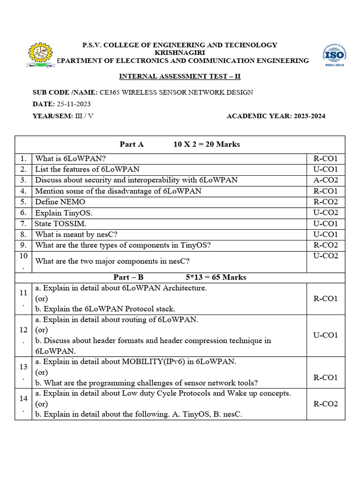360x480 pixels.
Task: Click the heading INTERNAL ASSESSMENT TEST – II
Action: point(180,76)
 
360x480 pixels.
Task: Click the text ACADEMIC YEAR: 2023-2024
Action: point(276,116)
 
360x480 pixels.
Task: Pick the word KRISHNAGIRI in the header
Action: point(180,53)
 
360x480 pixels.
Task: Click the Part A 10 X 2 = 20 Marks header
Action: point(180,144)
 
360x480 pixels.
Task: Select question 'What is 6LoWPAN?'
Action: point(70,158)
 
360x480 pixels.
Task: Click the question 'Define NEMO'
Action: point(58,202)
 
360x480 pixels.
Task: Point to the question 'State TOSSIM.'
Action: point(60,224)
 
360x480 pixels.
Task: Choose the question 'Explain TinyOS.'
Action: point(61,213)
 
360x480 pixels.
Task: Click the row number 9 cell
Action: point(23,245)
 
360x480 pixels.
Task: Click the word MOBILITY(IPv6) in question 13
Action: point(147,362)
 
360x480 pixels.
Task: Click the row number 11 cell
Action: point(23,299)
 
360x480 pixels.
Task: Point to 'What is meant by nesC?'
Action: point(73,234)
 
